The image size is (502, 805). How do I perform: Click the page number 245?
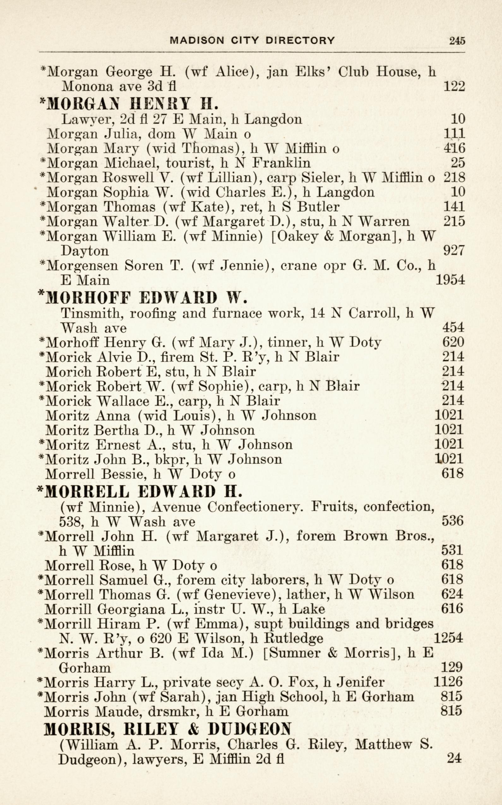[457, 40]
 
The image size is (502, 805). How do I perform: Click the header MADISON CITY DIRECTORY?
[252, 40]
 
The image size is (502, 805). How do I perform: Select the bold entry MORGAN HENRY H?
[129, 104]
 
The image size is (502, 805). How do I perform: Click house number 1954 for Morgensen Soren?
[450, 280]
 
